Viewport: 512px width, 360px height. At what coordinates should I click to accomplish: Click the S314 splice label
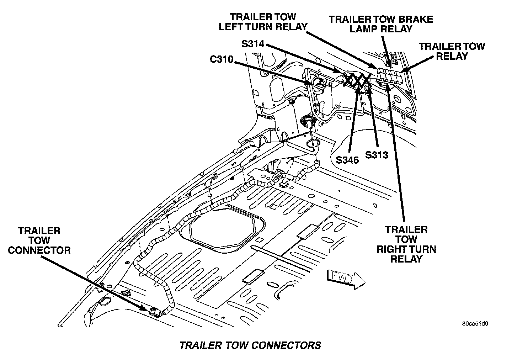click(x=252, y=44)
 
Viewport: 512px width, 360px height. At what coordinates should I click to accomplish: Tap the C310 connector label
click(x=221, y=59)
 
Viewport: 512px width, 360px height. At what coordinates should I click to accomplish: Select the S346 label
click(x=348, y=160)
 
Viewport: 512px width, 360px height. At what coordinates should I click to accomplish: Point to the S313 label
click(x=377, y=155)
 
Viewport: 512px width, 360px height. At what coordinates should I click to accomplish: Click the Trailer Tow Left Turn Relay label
click(x=263, y=22)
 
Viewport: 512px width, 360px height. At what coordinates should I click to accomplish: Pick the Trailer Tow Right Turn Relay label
click(x=406, y=244)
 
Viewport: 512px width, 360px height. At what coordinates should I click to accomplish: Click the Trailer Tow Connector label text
click(x=39, y=240)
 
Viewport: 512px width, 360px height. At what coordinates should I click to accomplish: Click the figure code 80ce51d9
click(x=475, y=324)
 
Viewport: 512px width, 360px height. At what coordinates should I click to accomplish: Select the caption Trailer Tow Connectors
click(x=250, y=345)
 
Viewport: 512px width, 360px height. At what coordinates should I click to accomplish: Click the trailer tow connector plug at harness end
click(x=155, y=312)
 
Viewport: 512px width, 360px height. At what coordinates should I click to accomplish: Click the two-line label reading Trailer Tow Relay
click(x=452, y=51)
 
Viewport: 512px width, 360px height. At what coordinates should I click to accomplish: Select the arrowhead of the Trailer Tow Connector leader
click(x=146, y=309)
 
